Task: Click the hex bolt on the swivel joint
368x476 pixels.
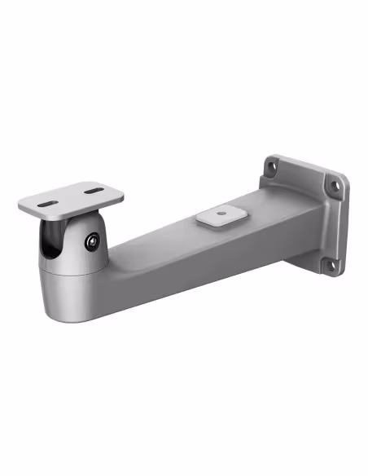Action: coord(90,241)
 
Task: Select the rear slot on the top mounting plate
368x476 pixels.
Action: coord(94,192)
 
